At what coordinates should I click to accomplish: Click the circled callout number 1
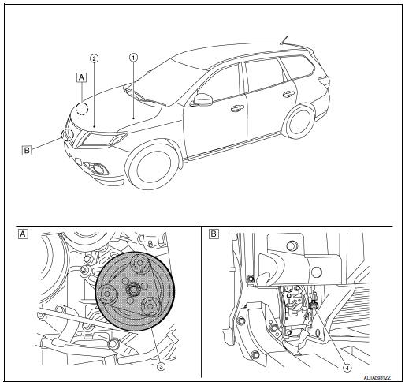coord(133,58)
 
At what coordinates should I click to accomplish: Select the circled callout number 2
coord(94,58)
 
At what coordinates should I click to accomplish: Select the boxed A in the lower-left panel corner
coord(23,234)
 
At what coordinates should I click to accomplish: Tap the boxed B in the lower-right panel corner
coord(214,234)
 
